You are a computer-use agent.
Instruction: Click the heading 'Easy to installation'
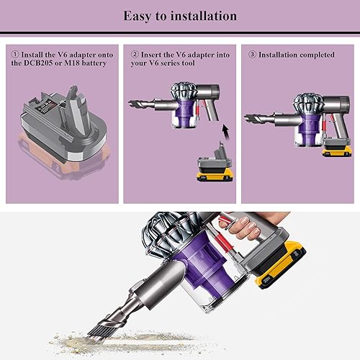tap(180, 15)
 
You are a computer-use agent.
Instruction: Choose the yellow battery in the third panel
tap(336, 150)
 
